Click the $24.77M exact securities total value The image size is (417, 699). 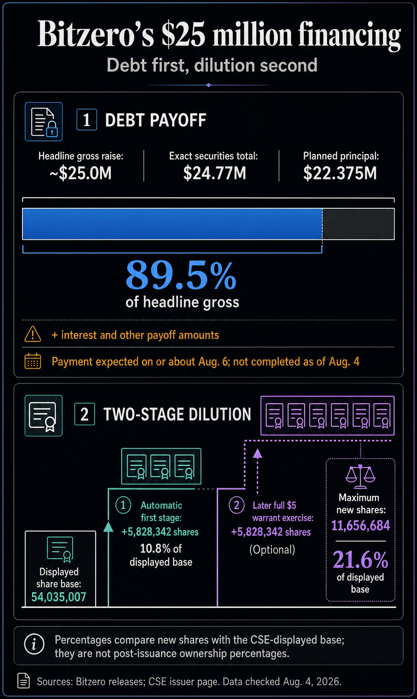click(x=215, y=173)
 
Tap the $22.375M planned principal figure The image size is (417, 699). click(x=340, y=173)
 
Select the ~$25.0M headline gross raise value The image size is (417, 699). click(x=80, y=173)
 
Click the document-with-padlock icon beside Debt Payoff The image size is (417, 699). click(x=43, y=121)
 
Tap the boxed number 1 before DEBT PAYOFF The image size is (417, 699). click(x=86, y=120)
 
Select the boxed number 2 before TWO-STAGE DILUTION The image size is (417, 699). click(x=84, y=414)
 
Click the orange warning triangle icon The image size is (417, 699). click(x=33, y=334)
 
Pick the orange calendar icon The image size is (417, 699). click(x=33, y=361)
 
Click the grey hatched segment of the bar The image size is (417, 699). click(x=358, y=224)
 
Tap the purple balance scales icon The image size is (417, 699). click(x=360, y=476)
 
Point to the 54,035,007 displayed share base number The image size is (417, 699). click(x=59, y=597)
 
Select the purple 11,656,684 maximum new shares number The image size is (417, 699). click(x=361, y=526)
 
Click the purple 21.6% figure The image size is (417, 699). click(x=361, y=560)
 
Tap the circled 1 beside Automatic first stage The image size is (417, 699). click(x=123, y=505)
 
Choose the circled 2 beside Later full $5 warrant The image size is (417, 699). click(x=237, y=505)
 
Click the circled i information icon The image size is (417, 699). click(x=34, y=644)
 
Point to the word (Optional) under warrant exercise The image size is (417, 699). click(x=272, y=550)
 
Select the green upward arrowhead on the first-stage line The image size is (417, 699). click(x=108, y=527)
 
